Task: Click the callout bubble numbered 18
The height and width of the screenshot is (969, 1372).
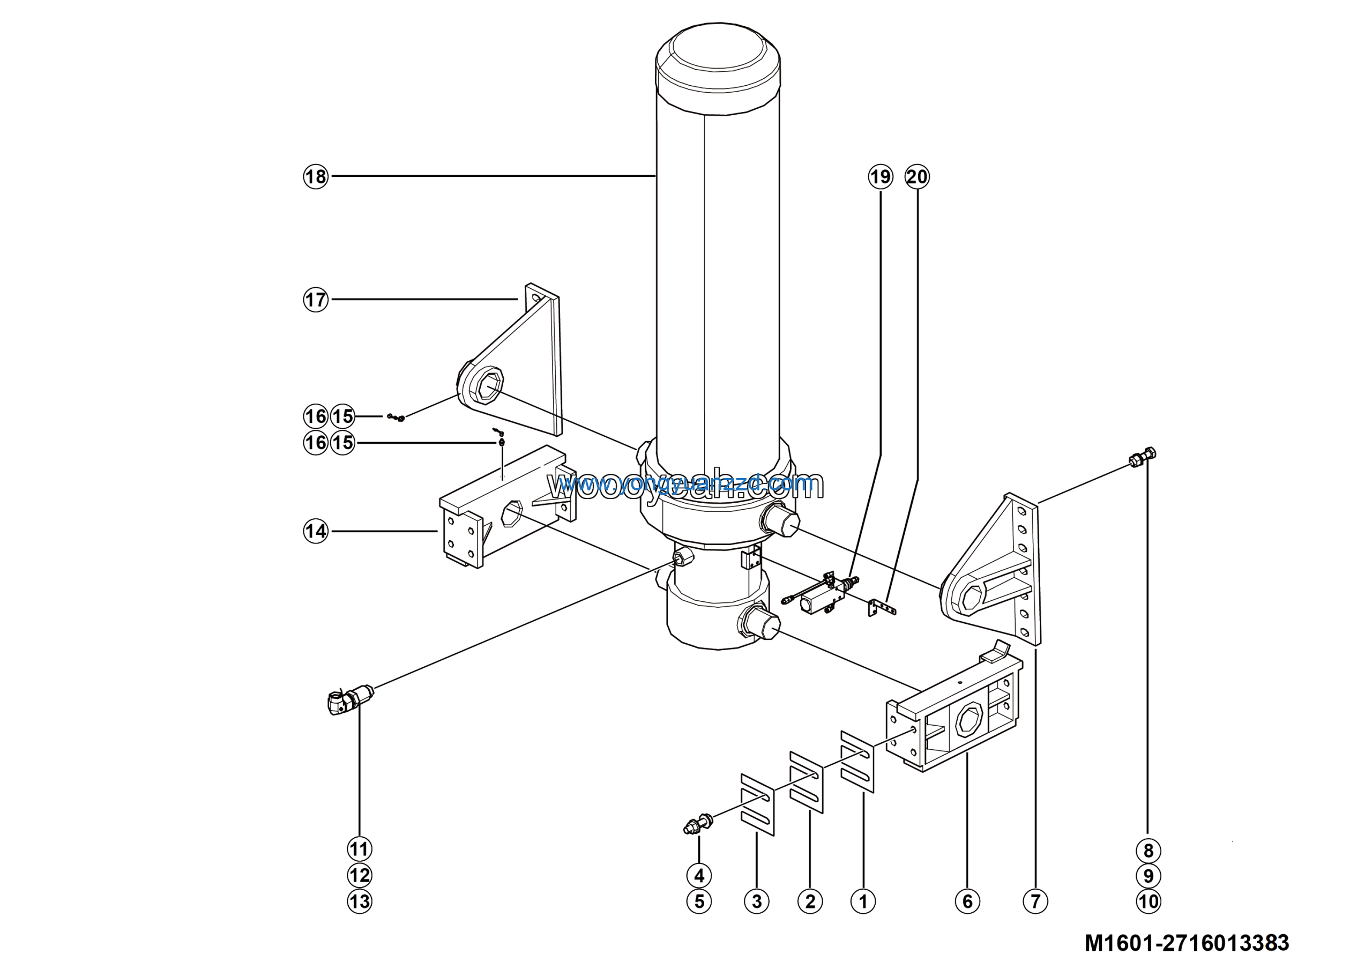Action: (x=316, y=177)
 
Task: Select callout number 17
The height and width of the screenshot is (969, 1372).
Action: (x=316, y=300)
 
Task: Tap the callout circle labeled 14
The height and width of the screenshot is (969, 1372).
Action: (x=316, y=531)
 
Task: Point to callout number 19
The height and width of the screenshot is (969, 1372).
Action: (x=880, y=177)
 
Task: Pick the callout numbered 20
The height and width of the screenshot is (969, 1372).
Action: (x=917, y=177)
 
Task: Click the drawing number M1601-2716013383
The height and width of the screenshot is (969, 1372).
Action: (x=1187, y=943)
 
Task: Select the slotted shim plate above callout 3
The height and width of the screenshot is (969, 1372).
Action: (x=757, y=804)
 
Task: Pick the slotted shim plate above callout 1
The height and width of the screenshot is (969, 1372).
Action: (x=857, y=761)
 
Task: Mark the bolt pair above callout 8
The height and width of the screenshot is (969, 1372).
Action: (x=1143, y=457)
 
